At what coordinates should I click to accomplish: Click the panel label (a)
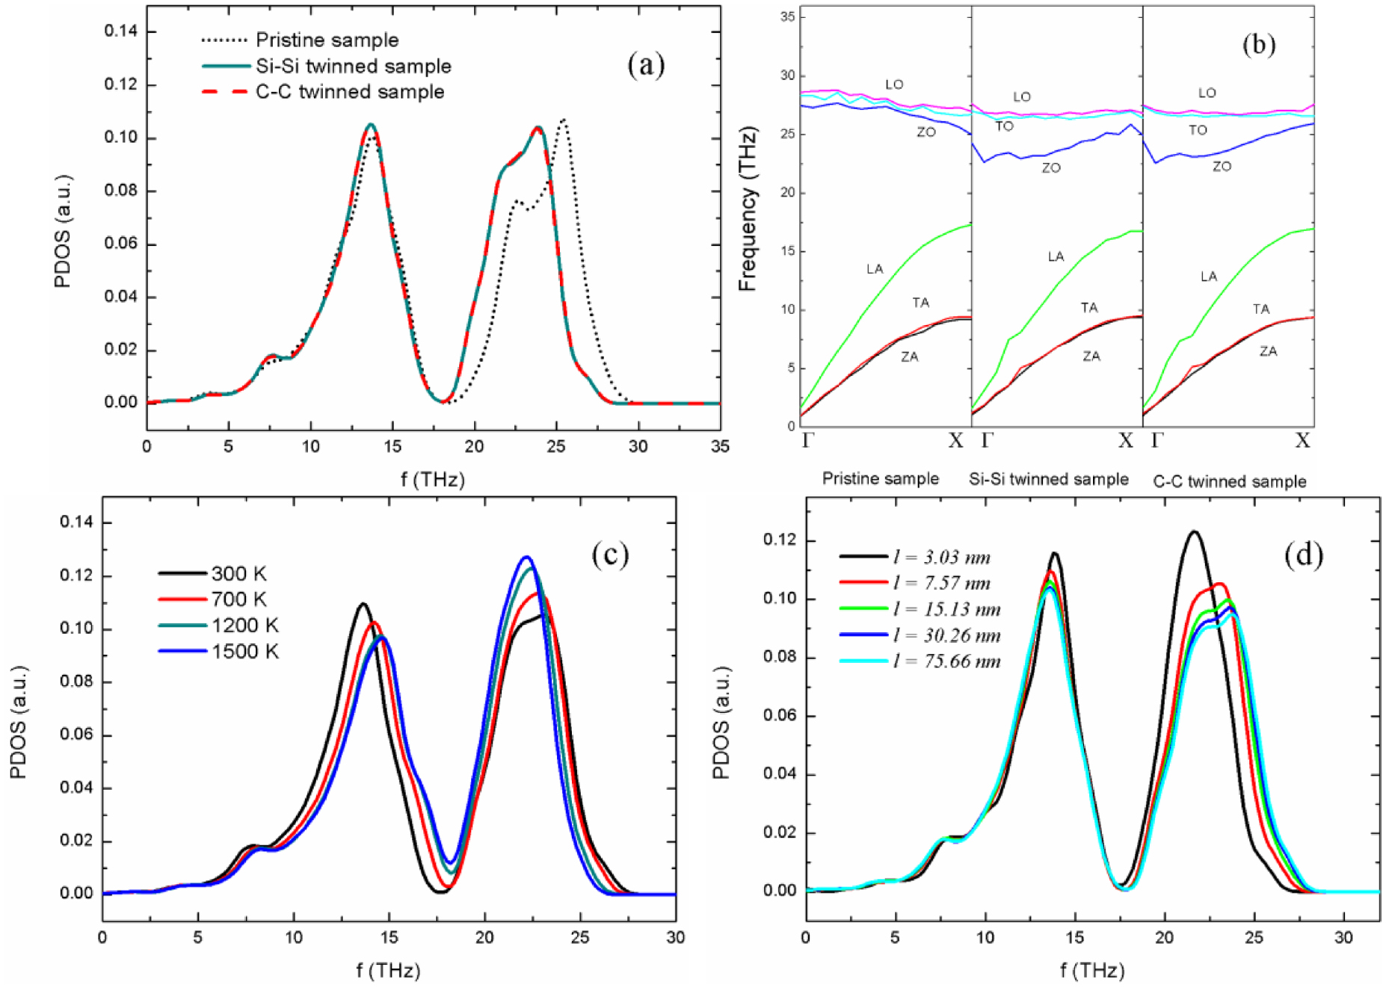[x=646, y=65]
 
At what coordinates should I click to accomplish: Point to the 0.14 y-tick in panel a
[x=120, y=31]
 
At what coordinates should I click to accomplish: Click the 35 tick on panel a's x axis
[x=719, y=447]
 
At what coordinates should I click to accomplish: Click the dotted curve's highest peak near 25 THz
[x=564, y=120]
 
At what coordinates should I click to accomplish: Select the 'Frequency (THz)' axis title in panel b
[x=748, y=209]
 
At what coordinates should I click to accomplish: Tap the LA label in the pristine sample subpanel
[x=875, y=269]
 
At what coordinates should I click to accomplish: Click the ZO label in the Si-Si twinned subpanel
[x=1051, y=168]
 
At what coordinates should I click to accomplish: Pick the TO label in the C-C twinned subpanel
[x=1198, y=130]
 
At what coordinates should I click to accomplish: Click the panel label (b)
[x=1258, y=45]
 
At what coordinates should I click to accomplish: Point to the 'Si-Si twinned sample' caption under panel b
[x=1048, y=479]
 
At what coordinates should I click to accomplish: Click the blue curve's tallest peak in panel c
[x=527, y=557]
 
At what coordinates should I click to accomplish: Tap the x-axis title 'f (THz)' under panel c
[x=388, y=971]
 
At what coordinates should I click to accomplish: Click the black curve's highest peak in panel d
[x=1194, y=532]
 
